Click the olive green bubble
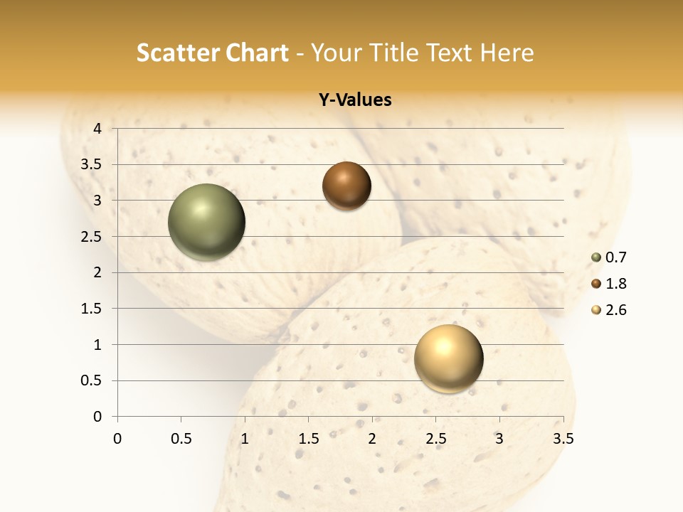[206, 222]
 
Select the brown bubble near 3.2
[346, 186]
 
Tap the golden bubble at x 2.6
[448, 358]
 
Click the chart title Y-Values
[355, 100]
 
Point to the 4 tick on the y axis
[97, 129]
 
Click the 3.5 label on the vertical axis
[92, 165]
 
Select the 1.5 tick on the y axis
[92, 309]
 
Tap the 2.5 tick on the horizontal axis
[435, 439]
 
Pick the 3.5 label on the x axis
[563, 439]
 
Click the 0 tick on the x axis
[117, 439]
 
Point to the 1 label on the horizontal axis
[245, 439]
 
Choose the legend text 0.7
[615, 258]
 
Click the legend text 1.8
[615, 284]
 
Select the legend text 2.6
[615, 310]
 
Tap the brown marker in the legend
[596, 284]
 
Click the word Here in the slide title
[507, 53]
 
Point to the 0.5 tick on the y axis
[92, 380]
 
